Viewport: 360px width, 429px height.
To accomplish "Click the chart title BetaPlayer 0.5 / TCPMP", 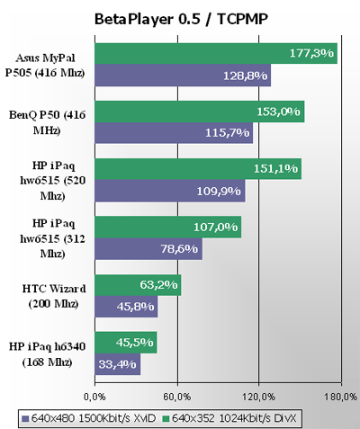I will (x=179, y=18).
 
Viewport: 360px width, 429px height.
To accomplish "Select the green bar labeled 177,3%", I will (x=216, y=54).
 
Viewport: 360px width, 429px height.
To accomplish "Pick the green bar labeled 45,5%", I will (x=126, y=343).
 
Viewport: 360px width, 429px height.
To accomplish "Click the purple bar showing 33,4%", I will (x=117, y=364).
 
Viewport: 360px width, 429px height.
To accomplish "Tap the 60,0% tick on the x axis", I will (x=176, y=395).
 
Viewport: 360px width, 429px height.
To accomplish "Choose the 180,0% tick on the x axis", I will (x=341, y=395).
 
